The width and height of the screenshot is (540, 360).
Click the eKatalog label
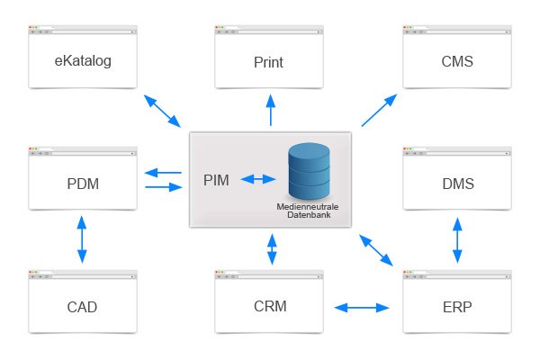pos(82,62)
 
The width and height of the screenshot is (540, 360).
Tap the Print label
pos(269,64)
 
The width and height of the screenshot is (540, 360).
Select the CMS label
pos(457,62)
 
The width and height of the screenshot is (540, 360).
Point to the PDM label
pos(82,184)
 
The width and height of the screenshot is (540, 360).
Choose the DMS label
pos(457,184)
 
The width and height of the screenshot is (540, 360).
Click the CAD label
pos(82,307)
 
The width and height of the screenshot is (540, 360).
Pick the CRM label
pos(269,306)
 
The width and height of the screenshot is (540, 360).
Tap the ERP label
pos(457,307)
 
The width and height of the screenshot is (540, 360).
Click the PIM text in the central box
pos(216,180)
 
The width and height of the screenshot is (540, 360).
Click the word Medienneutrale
pos(307,207)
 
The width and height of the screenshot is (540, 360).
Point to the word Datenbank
pos(307,215)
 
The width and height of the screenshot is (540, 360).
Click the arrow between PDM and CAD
pos(82,238)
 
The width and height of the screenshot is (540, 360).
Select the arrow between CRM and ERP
pos(362,308)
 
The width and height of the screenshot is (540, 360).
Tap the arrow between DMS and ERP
pos(457,238)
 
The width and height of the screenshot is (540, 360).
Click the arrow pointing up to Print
pos(270,112)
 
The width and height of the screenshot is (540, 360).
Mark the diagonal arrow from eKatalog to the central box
pos(161,109)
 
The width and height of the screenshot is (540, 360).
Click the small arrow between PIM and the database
pos(257,180)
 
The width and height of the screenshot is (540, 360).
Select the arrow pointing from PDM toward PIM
pos(163,187)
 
